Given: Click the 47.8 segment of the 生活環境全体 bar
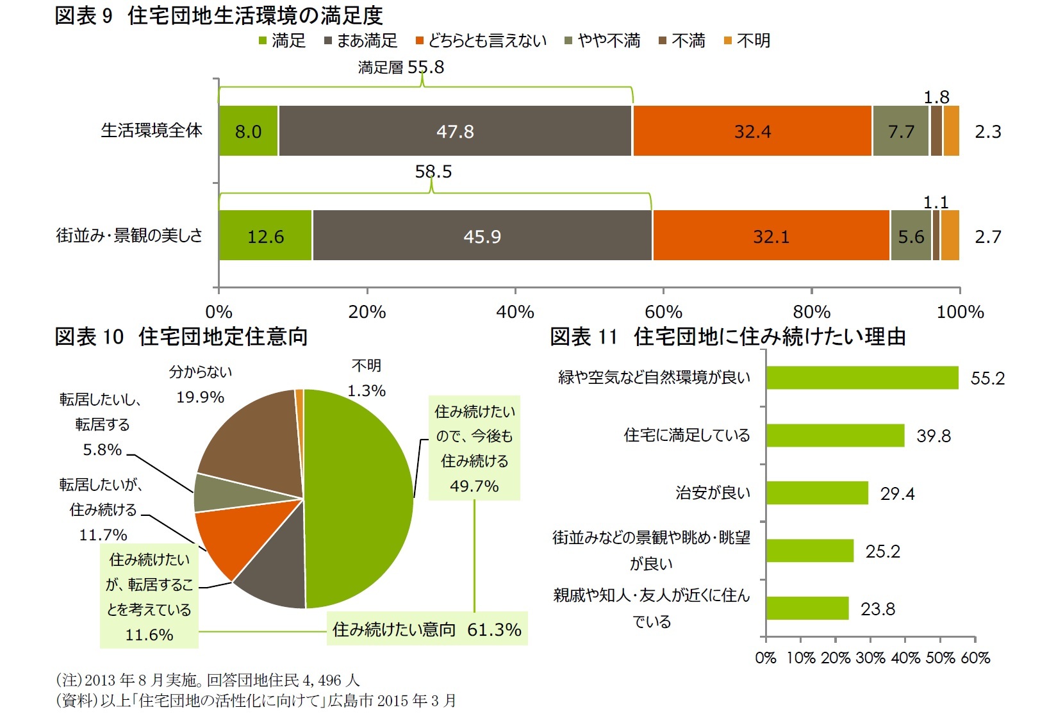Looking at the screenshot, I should tap(455, 131).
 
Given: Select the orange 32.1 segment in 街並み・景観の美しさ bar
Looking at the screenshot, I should tap(771, 236).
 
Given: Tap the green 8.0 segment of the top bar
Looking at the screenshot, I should tap(248, 131).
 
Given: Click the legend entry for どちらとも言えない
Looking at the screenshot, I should tap(481, 41).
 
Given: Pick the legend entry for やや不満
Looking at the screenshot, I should tap(603, 41).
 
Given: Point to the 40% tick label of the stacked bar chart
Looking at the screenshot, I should tap(515, 312).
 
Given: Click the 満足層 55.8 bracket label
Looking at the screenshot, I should tap(401, 67).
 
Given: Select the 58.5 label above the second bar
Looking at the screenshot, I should tap(433, 172).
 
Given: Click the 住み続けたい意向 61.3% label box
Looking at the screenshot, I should tap(427, 629).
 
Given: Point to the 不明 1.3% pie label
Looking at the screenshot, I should tap(367, 378).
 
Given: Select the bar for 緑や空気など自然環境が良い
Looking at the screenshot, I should tap(862, 377).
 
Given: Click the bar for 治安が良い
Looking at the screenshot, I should tap(817, 493).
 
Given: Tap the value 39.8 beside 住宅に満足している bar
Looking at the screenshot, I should tap(934, 436).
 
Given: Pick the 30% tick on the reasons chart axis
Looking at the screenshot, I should tap(870, 658).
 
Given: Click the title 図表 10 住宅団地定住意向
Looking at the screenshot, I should tap(181, 336).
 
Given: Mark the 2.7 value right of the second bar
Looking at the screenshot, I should tap(987, 237).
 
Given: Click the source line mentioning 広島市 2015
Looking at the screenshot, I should tap(256, 700).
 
